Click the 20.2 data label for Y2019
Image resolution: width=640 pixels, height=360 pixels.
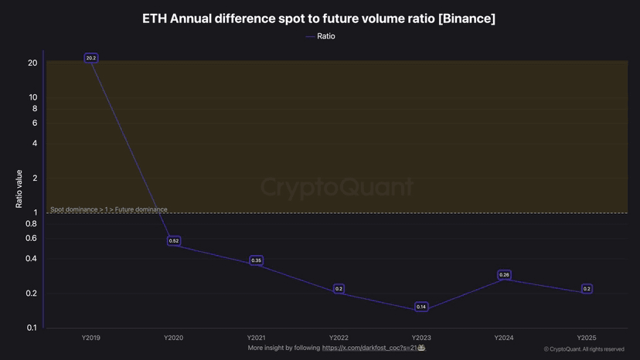[x=90, y=58]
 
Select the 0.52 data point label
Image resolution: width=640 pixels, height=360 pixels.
[x=174, y=241]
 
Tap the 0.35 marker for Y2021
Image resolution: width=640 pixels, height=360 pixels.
[x=256, y=260]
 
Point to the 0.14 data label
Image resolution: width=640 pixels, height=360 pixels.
[x=421, y=307]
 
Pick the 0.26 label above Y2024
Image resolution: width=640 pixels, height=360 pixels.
[x=504, y=275]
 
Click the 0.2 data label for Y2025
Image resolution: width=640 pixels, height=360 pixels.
[x=587, y=289]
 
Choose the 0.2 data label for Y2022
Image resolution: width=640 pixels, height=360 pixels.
[x=339, y=289]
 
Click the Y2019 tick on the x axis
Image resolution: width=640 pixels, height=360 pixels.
[x=90, y=338]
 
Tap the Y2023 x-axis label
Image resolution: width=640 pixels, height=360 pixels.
[x=421, y=338]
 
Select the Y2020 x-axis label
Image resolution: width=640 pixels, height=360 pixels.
[x=173, y=338]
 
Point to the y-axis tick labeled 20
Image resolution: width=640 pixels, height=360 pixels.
[x=32, y=63]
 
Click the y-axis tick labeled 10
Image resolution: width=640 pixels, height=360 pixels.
[x=32, y=97]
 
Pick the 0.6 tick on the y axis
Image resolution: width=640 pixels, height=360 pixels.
[x=31, y=238]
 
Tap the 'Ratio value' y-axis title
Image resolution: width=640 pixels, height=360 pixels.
[x=19, y=189]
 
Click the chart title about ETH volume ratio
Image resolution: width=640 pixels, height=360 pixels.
[x=319, y=19]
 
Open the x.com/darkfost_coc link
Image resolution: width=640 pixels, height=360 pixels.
[x=369, y=348]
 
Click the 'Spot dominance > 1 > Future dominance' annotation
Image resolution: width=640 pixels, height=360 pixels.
[x=108, y=209]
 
